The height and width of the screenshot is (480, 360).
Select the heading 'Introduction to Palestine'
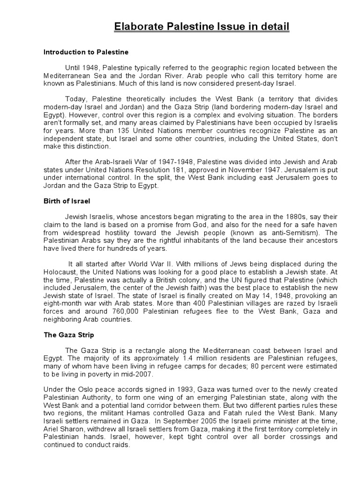point(86,52)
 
